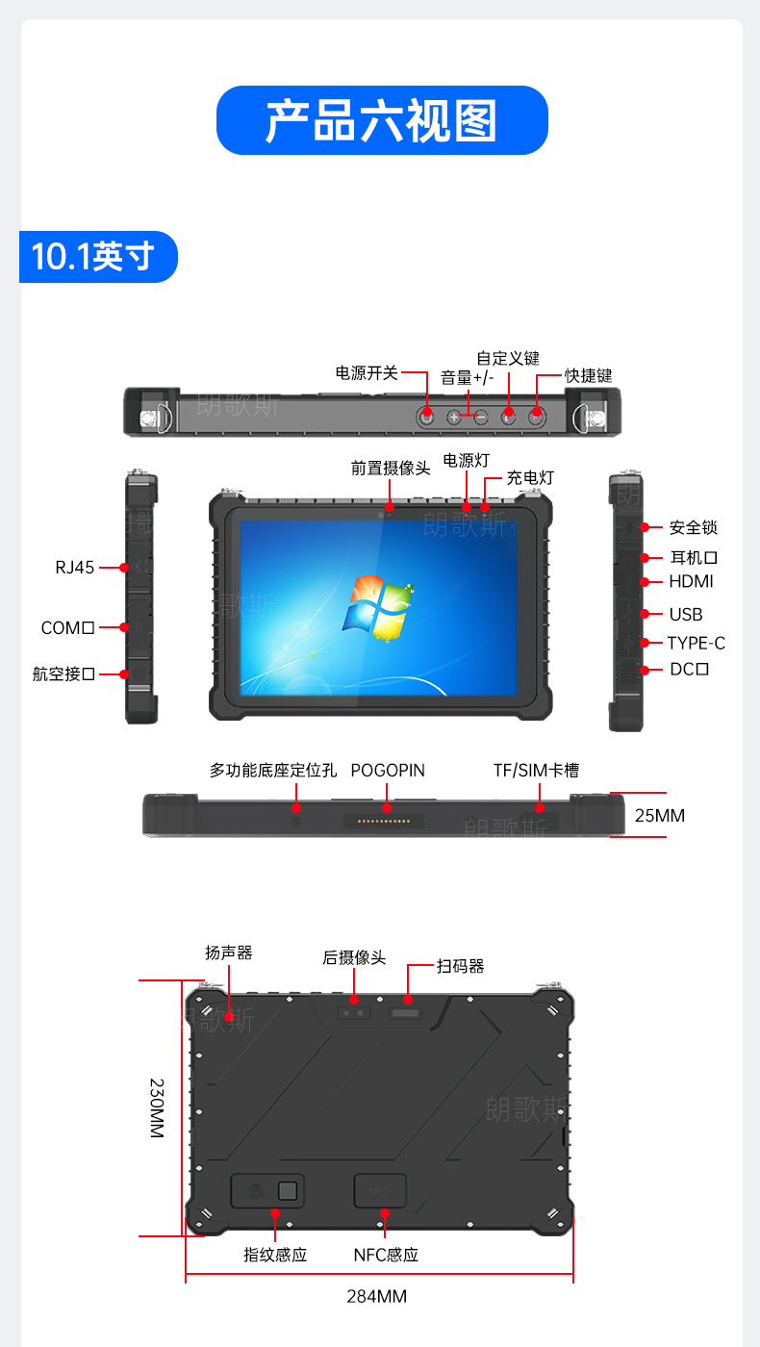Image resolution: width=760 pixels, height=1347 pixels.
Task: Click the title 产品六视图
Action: pyautogui.click(x=381, y=121)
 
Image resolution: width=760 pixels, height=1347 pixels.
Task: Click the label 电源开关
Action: pyautogui.click(x=367, y=373)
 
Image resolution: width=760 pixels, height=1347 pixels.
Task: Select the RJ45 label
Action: pyautogui.click(x=75, y=568)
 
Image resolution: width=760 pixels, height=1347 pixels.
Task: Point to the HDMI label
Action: pyautogui.click(x=691, y=581)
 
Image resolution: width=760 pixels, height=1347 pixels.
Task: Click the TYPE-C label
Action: pyautogui.click(x=696, y=644)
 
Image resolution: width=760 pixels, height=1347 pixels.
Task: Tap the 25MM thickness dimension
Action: pyautogui.click(x=660, y=816)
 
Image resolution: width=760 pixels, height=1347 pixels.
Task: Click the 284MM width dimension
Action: pyautogui.click(x=376, y=1297)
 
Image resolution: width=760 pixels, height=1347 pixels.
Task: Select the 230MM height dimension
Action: pyautogui.click(x=156, y=1108)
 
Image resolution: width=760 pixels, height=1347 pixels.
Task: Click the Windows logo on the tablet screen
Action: pyautogui.click(x=377, y=607)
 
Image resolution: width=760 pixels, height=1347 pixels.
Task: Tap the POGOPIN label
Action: pyautogui.click(x=388, y=771)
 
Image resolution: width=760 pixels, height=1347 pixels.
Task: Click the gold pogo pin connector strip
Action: pyautogui.click(x=384, y=821)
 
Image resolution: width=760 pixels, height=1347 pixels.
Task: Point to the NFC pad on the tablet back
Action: pyautogui.click(x=380, y=1191)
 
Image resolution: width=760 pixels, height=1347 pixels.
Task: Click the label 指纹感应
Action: pyautogui.click(x=275, y=1255)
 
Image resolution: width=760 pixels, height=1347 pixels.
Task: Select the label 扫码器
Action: pyautogui.click(x=461, y=966)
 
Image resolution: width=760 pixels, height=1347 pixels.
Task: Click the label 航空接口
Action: pyautogui.click(x=63, y=674)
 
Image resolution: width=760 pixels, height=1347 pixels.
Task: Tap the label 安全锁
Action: pyautogui.click(x=694, y=528)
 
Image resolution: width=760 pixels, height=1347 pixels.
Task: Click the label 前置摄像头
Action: pyautogui.click(x=391, y=469)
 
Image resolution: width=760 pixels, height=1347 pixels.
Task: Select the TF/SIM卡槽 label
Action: pyautogui.click(x=537, y=771)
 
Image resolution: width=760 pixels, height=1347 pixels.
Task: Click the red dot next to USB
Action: pyautogui.click(x=644, y=614)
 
